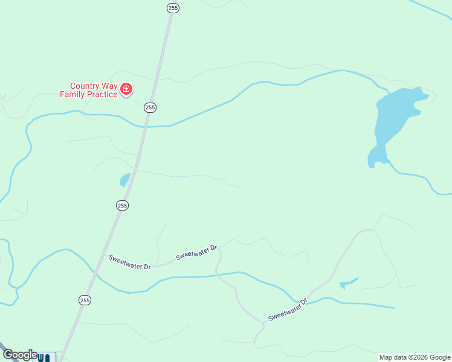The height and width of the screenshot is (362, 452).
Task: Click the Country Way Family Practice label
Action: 88,90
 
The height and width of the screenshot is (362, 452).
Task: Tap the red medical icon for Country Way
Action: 126,90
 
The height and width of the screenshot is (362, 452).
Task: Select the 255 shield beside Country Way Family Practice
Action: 150,107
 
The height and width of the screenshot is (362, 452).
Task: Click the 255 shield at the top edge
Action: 173,8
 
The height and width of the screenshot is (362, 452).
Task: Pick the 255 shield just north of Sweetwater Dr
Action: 123,206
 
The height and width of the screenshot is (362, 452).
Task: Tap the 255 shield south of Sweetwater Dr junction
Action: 85,300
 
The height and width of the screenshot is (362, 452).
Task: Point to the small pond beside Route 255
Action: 124,180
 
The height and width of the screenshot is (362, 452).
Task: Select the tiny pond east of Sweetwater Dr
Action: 348,282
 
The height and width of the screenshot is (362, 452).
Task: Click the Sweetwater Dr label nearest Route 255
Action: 130,262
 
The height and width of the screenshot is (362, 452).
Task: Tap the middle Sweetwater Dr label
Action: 196,252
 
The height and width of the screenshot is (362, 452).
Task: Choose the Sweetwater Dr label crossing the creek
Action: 288,309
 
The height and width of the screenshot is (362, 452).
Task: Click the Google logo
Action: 20,355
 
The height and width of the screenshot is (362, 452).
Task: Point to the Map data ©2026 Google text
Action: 415,357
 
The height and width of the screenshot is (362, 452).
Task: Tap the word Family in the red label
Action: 73,94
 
